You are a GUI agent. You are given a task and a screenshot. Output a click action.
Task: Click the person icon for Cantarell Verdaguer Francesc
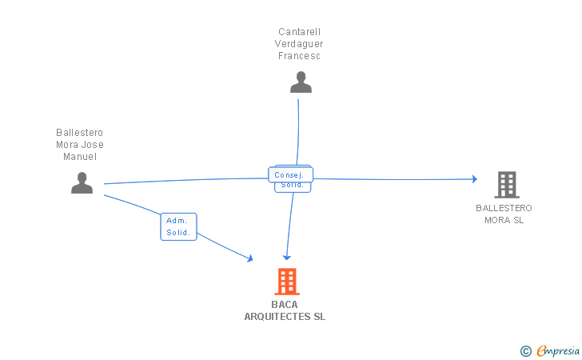click(x=301, y=82)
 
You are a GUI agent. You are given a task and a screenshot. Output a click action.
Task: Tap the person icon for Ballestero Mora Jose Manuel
click(x=82, y=183)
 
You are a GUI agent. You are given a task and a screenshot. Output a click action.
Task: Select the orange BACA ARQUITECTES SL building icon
click(x=287, y=282)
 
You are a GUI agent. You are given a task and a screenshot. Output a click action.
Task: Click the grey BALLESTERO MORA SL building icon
click(x=506, y=185)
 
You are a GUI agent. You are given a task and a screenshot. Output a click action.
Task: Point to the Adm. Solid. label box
click(x=178, y=226)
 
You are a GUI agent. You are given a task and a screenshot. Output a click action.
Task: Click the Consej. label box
click(x=289, y=174)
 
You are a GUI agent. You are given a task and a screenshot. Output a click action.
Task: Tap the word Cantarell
click(x=300, y=32)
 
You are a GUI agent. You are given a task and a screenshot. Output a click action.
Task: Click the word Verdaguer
click(x=300, y=44)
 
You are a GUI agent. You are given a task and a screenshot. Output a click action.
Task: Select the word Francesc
click(x=300, y=56)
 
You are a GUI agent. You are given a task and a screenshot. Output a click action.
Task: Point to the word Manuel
click(x=80, y=157)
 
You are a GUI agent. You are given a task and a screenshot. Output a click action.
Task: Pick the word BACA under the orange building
click(x=285, y=305)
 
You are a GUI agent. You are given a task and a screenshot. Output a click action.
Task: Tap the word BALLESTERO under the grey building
click(x=504, y=208)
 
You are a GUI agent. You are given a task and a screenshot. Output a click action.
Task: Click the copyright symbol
click(x=525, y=350)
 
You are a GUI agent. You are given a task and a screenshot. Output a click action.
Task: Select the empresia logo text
click(x=558, y=350)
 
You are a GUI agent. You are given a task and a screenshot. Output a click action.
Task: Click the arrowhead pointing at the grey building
click(x=474, y=179)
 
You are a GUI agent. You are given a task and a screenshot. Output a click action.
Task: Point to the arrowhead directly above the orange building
click(x=287, y=258)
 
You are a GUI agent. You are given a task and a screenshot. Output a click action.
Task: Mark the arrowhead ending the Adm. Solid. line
click(x=249, y=258)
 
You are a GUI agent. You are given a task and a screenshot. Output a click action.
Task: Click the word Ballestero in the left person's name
click(x=80, y=133)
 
